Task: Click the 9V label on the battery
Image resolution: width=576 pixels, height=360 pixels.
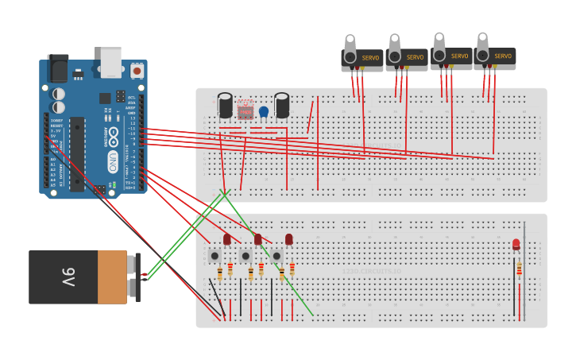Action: click(68, 277)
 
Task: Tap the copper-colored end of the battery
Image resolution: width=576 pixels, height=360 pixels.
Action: click(112, 277)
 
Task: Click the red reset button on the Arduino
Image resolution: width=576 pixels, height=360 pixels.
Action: click(137, 71)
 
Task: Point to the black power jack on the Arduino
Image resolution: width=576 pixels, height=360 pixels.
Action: click(57, 69)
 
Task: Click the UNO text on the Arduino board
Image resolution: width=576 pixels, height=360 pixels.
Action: click(114, 164)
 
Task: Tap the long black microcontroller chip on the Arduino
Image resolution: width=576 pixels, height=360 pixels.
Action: click(77, 154)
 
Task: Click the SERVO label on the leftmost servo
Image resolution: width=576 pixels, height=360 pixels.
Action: click(371, 57)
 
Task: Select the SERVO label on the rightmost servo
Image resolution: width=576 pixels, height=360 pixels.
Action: click(503, 56)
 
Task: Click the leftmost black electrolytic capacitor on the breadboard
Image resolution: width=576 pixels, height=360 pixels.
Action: click(226, 106)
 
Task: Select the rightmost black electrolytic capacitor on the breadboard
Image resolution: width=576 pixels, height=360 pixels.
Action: click(282, 105)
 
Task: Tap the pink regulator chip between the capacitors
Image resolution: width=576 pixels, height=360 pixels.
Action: click(245, 109)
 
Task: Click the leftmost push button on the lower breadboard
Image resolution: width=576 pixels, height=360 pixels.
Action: click(215, 256)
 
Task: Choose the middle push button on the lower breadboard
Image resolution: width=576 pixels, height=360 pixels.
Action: click(245, 256)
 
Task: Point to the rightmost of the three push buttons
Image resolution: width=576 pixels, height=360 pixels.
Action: click(276, 256)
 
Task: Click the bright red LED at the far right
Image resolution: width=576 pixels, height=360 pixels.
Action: click(516, 245)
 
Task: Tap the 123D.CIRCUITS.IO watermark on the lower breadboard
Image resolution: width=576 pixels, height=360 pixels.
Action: click(371, 272)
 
